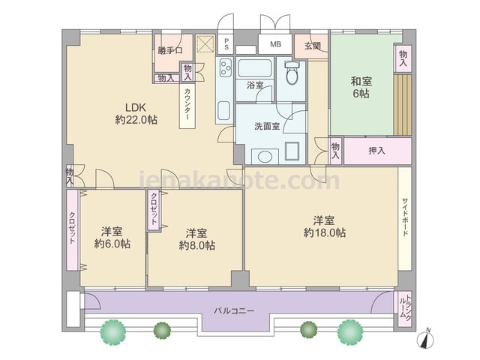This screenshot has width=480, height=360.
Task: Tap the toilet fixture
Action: [x=292, y=73]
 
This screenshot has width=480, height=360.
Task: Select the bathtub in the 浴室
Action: [x=255, y=68]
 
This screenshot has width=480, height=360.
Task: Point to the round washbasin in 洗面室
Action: [x=265, y=157]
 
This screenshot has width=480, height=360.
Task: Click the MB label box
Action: [x=275, y=44]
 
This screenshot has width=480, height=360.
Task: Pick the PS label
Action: [x=226, y=43]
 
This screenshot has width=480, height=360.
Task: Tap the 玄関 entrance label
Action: [x=312, y=46]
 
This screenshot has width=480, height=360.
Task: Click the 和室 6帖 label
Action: [x=361, y=87]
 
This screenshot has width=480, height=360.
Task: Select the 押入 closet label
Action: [x=376, y=151]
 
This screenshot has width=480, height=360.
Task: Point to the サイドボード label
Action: [x=405, y=217]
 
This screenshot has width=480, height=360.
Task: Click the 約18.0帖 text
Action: [x=325, y=233]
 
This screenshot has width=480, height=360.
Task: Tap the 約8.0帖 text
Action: [x=196, y=245]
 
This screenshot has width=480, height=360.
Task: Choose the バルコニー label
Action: [x=234, y=311]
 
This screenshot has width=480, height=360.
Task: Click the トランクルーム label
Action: [x=405, y=308]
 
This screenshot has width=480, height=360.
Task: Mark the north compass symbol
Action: [x=425, y=339]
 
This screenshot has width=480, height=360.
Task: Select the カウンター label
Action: [x=187, y=104]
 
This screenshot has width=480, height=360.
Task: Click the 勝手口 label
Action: [x=170, y=50]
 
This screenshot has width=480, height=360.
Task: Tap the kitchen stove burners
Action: [x=226, y=68]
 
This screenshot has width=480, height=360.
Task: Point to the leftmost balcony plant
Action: [x=113, y=331]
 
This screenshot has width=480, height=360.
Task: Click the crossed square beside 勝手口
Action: [x=204, y=43]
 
